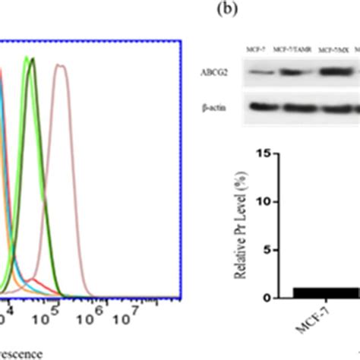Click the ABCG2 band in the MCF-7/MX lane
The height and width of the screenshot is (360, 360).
coord(332,74)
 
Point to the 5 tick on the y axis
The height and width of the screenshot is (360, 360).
coord(264,250)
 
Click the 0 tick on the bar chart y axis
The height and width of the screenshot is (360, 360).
coord(264,298)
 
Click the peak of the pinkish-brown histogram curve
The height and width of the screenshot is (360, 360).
coord(60,66)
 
